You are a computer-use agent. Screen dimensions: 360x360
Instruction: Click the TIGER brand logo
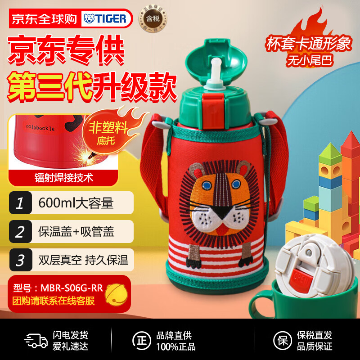point(107,18)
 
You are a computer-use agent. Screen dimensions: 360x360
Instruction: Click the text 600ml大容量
point(76,203)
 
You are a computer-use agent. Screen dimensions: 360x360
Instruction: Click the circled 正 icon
point(142,340)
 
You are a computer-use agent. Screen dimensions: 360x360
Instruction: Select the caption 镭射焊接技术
point(63,177)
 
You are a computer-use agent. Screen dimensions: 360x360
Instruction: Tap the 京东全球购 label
point(44,18)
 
